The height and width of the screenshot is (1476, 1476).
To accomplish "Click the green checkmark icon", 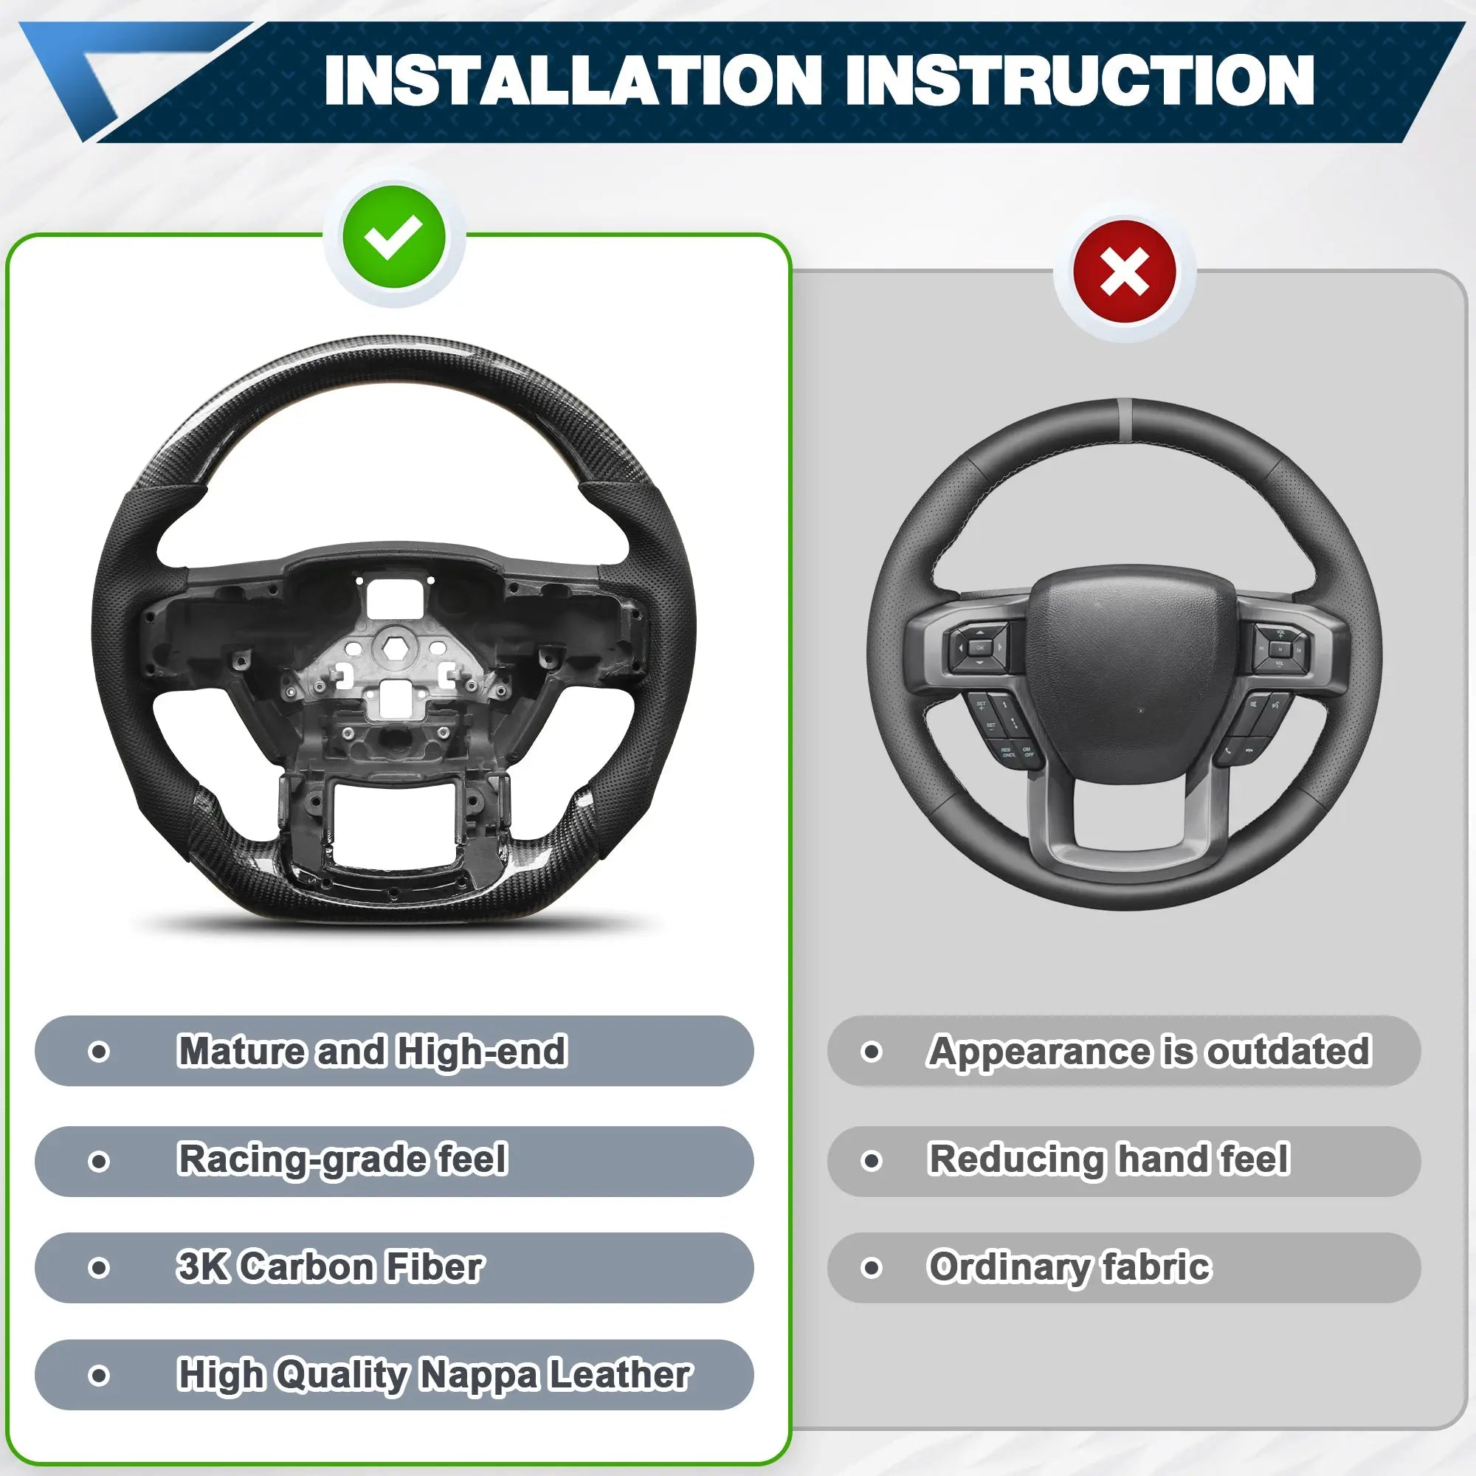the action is [393, 237].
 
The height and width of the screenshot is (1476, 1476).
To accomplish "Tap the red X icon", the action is [1125, 273].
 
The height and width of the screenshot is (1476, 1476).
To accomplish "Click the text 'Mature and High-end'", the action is [372, 1050].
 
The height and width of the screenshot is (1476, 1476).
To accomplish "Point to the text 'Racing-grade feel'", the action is [342, 1159].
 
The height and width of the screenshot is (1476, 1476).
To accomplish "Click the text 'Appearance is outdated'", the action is [1150, 1051].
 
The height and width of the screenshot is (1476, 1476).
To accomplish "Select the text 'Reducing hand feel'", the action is [1108, 1159].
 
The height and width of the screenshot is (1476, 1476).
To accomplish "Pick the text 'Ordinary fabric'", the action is [1069, 1267].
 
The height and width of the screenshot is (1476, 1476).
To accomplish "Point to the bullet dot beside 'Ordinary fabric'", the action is [871, 1268].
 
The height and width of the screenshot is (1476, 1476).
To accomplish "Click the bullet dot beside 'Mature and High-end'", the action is [99, 1051].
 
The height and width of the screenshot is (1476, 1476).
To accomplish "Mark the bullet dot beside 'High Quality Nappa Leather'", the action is [99, 1376].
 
